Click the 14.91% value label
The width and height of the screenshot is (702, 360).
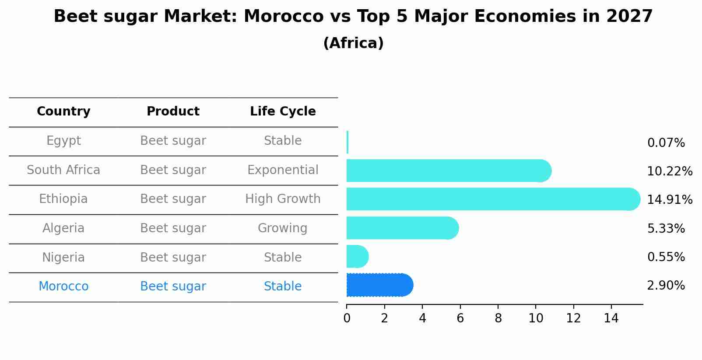pyautogui.click(x=669, y=200)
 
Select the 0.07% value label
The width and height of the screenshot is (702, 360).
pyautogui.click(x=666, y=143)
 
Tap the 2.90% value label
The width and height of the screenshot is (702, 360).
pyautogui.click(x=666, y=286)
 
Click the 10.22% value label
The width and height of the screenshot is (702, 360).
pyautogui.click(x=669, y=171)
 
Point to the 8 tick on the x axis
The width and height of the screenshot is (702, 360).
pyautogui.click(x=498, y=318)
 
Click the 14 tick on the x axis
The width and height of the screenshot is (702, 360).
pyautogui.click(x=611, y=318)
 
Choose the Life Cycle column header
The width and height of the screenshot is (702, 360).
pyautogui.click(x=283, y=112)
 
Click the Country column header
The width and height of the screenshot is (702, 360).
pyautogui.click(x=63, y=112)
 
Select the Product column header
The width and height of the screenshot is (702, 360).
pyautogui.click(x=173, y=112)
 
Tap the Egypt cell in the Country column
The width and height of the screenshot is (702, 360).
pyautogui.click(x=63, y=141)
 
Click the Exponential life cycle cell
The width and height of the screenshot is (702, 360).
pyautogui.click(x=283, y=170)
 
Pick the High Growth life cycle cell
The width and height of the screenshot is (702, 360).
pyautogui.click(x=283, y=199)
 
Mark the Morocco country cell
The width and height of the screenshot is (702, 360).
pyautogui.click(x=63, y=287)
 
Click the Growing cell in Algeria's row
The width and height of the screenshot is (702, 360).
pyautogui.click(x=283, y=228)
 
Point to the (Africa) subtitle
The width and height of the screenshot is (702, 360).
pyautogui.click(x=353, y=43)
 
